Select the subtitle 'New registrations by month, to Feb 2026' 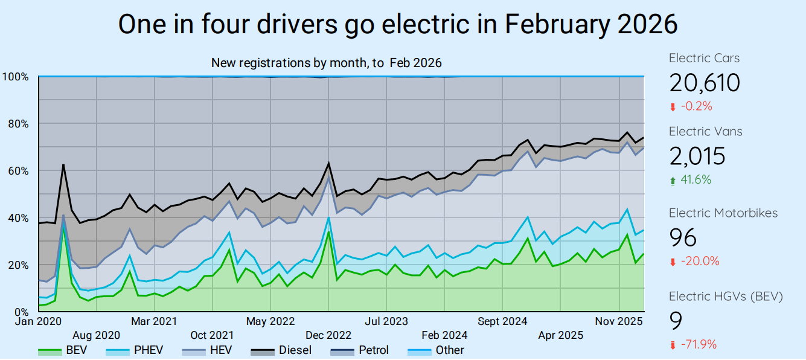(x=326, y=63)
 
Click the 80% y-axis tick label (x=17, y=124)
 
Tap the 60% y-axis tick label (x=17, y=171)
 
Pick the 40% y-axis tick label (x=17, y=218)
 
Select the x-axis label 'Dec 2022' (x=328, y=335)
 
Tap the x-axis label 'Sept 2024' (x=502, y=321)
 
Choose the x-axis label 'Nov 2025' (x=619, y=321)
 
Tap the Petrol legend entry (x=360, y=350)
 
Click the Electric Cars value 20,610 (x=704, y=82)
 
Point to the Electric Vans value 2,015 (x=697, y=156)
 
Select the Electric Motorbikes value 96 (x=682, y=237)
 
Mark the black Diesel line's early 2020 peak (x=63, y=164)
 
